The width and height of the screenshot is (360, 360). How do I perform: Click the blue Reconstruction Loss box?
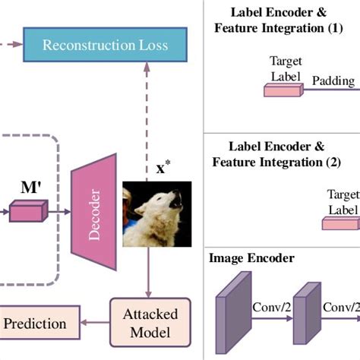click(x=106, y=45)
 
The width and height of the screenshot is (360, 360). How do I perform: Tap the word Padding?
click(x=333, y=79)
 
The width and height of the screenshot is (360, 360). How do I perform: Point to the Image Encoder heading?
click(x=252, y=258)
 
